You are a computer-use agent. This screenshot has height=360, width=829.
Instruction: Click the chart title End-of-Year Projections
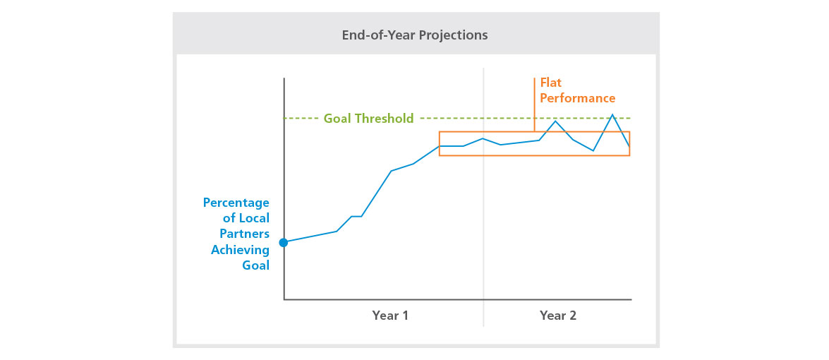[414, 35]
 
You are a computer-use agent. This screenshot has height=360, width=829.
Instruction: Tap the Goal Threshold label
[368, 119]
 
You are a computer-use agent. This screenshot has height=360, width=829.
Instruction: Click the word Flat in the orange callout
[551, 83]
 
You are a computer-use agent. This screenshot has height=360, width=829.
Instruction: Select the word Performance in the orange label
[578, 99]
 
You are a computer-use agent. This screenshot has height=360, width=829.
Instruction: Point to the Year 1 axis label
[390, 316]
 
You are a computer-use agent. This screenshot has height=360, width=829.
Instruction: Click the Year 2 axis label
[557, 316]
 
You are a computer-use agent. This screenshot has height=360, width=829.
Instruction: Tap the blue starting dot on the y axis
[284, 242]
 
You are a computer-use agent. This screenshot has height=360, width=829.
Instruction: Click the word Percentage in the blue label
[236, 203]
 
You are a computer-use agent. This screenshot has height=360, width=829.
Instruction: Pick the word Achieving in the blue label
[240, 250]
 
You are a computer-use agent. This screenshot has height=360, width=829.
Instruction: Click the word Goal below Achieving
[255, 266]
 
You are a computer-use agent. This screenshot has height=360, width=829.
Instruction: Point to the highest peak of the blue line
[612, 114]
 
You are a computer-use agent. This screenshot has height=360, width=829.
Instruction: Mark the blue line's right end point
[629, 147]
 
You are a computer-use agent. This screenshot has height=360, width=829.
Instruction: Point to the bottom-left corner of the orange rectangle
[440, 155]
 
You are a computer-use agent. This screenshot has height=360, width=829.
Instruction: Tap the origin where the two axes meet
[284, 299]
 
